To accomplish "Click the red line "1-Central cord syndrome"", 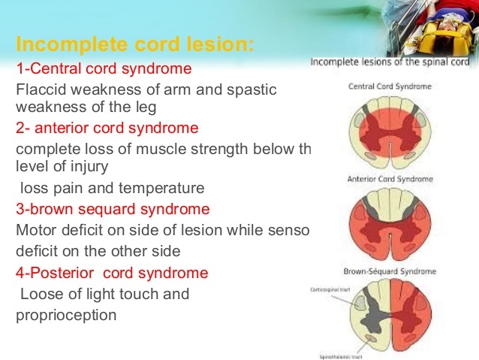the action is pyautogui.click(x=104, y=69).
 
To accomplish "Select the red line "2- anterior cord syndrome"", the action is pyautogui.click(x=107, y=127).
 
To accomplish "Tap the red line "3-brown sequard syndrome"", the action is pyautogui.click(x=113, y=208).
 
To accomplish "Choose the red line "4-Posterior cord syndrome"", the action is pyautogui.click(x=112, y=272).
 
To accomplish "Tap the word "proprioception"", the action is pyautogui.click(x=66, y=315).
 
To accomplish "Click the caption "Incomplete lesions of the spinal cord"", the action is pyautogui.click(x=391, y=62).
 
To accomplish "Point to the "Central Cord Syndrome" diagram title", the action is pyautogui.click(x=390, y=86).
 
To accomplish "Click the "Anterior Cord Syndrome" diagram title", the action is pyautogui.click(x=390, y=179).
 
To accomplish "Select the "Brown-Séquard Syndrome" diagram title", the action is pyautogui.click(x=390, y=269).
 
